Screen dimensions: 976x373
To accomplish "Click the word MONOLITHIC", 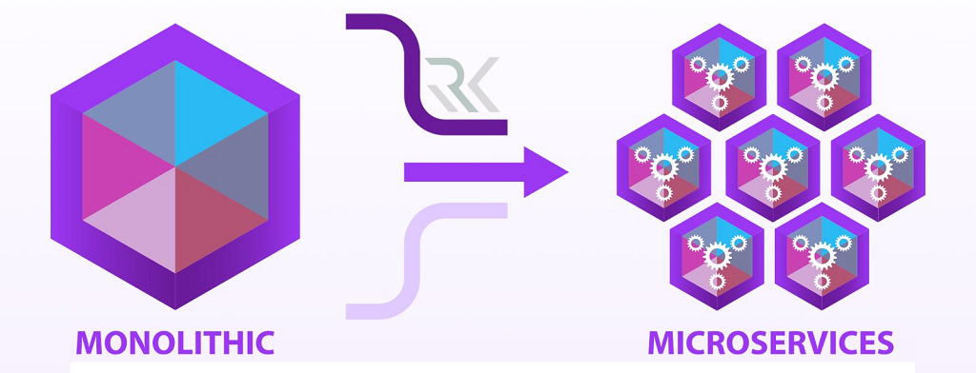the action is coord(174,342).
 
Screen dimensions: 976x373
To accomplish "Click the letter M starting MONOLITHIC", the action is coord(91,342).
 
